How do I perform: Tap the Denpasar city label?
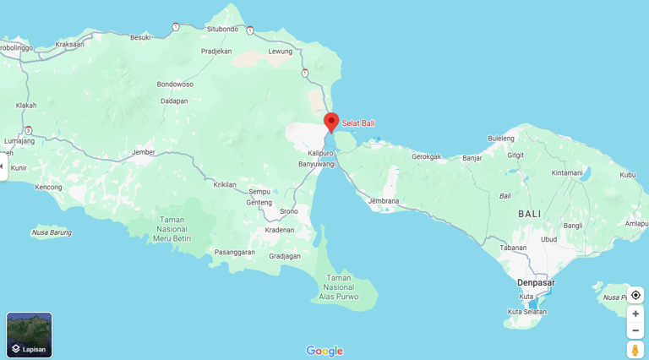(536, 281)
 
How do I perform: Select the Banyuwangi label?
(317, 164)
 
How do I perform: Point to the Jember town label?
(144, 152)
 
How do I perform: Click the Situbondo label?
(222, 29)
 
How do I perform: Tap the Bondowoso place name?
(175, 85)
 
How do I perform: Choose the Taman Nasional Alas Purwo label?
(339, 287)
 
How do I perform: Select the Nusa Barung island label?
(52, 232)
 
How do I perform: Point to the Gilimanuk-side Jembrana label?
(383, 200)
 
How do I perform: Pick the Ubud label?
(549, 238)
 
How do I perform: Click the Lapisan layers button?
(30, 335)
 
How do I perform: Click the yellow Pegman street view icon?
(635, 350)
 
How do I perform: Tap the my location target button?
(635, 295)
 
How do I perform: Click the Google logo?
(324, 351)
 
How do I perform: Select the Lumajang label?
(19, 141)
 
